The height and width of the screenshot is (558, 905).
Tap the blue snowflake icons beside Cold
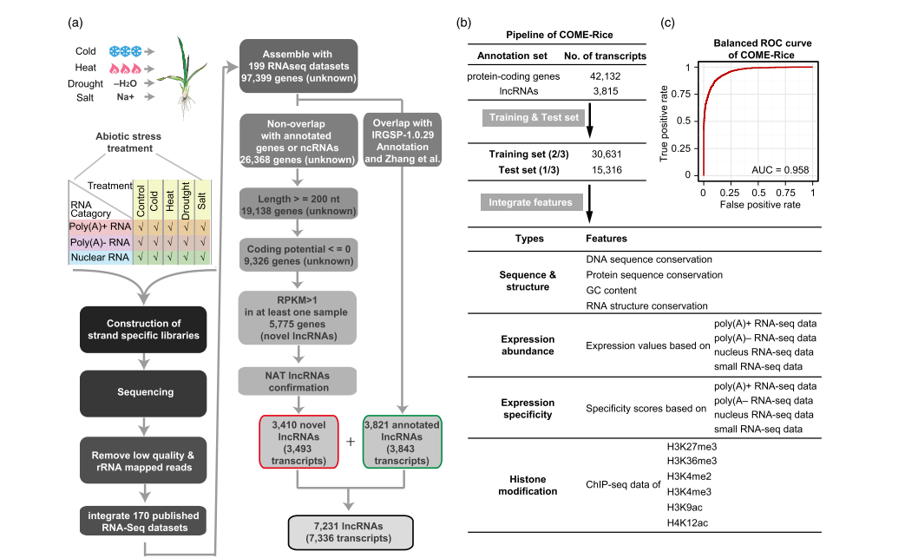click(x=126, y=51)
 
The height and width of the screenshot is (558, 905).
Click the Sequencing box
click(x=142, y=391)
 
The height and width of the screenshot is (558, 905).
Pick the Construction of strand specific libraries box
click(x=142, y=329)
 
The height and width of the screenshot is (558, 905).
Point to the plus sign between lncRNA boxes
click(x=351, y=442)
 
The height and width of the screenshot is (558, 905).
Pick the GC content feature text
click(x=612, y=290)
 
